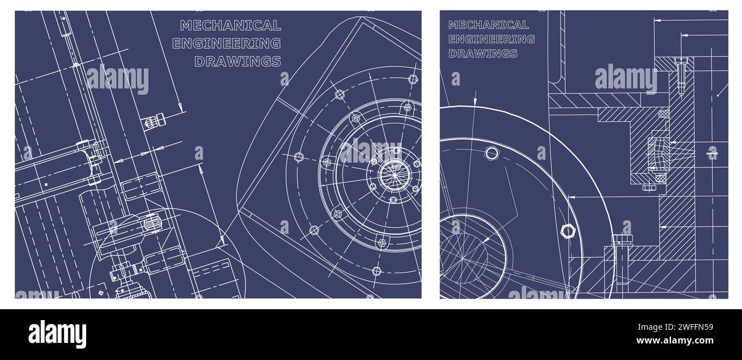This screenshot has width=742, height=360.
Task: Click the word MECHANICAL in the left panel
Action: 230,25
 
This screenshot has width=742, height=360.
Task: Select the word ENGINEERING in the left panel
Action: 226,43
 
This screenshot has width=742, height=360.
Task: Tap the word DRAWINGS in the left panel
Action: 237,62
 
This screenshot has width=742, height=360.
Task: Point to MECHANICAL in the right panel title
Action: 488,25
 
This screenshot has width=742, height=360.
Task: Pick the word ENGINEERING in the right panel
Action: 491,39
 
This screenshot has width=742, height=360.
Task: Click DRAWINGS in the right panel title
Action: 482,54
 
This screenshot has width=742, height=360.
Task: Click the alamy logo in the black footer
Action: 57,334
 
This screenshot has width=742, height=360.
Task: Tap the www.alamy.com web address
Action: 675,341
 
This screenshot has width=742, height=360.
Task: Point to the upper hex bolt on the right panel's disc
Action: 491,153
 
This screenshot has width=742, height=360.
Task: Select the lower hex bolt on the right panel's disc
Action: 567,230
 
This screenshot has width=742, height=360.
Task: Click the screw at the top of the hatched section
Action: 680,74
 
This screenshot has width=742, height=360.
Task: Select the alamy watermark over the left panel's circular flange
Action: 370,151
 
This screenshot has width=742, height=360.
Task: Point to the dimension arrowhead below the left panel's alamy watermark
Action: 180,108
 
